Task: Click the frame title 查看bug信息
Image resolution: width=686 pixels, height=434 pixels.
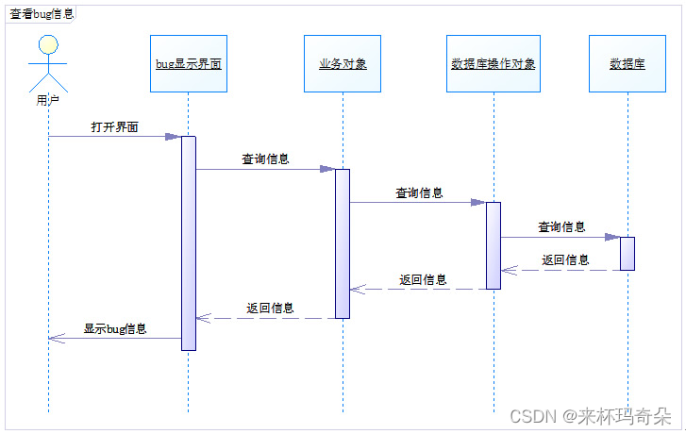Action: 41,14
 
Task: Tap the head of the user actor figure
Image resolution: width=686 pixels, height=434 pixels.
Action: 48,44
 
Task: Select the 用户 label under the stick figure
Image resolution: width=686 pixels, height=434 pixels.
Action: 48,98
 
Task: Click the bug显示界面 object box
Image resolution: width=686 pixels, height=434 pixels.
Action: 188,64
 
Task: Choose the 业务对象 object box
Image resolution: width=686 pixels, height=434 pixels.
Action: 343,64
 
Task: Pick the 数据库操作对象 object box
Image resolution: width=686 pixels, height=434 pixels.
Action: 494,64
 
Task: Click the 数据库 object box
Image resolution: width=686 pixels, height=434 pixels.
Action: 627,64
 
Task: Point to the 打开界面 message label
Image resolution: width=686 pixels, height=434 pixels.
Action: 115,126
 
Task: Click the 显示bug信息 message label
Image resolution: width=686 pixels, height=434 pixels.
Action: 115,328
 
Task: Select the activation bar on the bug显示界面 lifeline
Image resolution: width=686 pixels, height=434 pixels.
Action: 188,242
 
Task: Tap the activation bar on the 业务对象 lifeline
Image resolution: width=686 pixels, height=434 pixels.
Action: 343,242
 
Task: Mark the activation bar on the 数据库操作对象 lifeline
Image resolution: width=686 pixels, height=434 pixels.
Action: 494,244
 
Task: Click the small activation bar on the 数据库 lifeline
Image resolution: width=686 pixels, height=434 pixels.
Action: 627,253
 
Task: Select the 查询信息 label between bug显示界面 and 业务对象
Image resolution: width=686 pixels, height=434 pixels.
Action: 265,159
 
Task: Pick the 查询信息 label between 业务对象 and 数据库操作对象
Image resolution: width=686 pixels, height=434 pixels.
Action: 419,192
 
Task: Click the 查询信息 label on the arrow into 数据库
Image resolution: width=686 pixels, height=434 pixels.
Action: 561,226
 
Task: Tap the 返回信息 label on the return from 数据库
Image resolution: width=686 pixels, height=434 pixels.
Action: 565,260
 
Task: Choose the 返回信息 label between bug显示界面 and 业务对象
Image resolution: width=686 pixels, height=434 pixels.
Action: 270,308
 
